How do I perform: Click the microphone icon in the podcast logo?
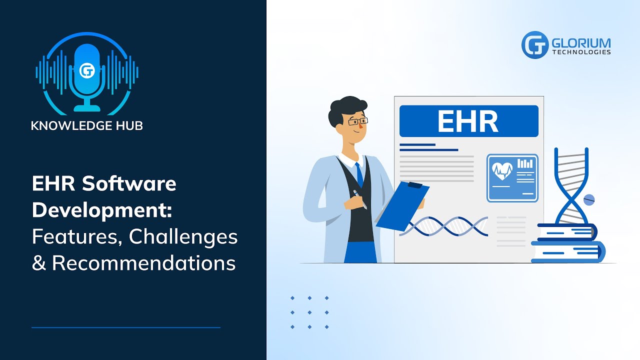point(87,75)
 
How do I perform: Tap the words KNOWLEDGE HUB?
point(87,125)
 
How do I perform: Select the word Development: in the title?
point(101,210)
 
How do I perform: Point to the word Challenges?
point(183,237)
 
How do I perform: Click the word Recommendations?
point(143,263)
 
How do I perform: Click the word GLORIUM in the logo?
point(581,42)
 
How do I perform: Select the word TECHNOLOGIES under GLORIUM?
point(581,52)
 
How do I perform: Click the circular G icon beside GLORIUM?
point(535,45)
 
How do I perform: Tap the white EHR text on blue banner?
point(468,121)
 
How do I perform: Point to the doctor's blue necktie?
point(359,174)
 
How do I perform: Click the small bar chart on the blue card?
point(524,163)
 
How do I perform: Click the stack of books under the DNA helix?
point(567,243)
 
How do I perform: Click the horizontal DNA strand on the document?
point(444,226)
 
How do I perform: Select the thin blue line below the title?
point(126,327)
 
